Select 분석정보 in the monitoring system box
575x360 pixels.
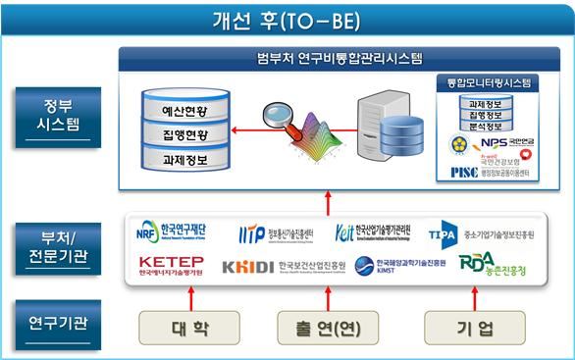click(487, 125)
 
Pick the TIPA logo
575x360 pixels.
click(445, 234)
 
